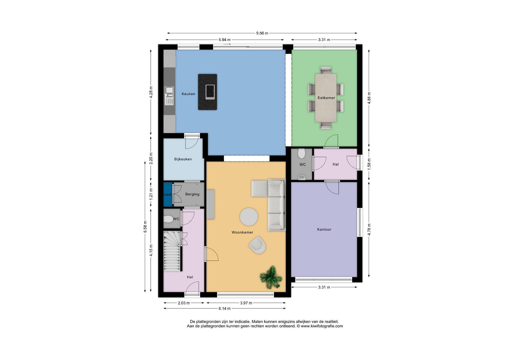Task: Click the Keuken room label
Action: (x=188, y=94)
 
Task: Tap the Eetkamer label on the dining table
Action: (x=326, y=98)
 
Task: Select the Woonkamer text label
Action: (x=242, y=232)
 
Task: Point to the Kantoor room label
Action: (x=324, y=230)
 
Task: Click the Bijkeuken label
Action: (x=183, y=159)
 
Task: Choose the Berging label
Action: (x=192, y=194)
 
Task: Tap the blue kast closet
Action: (x=168, y=194)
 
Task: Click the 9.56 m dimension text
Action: (x=262, y=33)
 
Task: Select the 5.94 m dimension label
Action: (x=225, y=40)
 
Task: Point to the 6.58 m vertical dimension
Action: (x=145, y=227)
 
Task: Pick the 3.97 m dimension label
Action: (x=246, y=303)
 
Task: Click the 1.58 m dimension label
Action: (x=369, y=164)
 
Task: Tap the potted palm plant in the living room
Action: (x=271, y=277)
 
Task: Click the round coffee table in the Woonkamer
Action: (x=249, y=217)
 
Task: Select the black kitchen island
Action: (x=208, y=92)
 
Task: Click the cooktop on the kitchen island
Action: (x=210, y=92)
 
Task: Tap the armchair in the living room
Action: (x=257, y=245)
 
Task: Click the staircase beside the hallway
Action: (x=172, y=251)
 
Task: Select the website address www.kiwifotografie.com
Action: (x=322, y=326)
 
